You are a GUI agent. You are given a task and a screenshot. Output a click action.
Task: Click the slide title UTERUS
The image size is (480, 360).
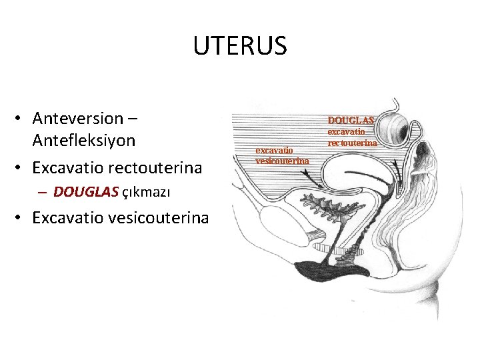(x=240, y=46)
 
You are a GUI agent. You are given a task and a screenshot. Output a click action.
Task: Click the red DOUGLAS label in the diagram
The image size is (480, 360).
(x=351, y=120)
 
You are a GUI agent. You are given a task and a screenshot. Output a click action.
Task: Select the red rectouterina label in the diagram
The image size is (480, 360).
(x=353, y=143)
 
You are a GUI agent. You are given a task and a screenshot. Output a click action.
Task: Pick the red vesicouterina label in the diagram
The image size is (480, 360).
(x=282, y=161)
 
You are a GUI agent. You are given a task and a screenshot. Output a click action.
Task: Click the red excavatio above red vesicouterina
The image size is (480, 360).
(x=274, y=151)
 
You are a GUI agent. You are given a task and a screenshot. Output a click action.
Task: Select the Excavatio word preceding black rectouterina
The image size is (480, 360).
(x=72, y=166)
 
